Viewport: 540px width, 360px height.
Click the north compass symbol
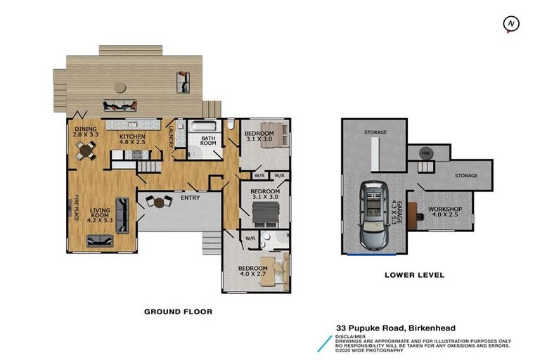pos(511,24)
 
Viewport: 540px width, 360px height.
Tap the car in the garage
pos(374,215)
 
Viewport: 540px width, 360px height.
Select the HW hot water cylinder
pos(426,153)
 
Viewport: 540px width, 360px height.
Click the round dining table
pos(86,150)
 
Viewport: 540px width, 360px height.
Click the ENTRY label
pos(191,198)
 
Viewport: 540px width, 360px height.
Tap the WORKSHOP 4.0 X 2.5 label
pos(445,212)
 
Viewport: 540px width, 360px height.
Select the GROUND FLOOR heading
pos(179,311)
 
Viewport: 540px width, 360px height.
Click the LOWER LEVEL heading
pos(414,275)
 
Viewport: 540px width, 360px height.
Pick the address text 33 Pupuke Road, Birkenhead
pos(396,328)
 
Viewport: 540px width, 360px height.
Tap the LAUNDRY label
pos(171,136)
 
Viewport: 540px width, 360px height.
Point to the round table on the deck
pos(120,87)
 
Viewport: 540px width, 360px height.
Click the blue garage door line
pos(371,255)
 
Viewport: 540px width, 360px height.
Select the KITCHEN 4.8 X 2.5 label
pos(132,139)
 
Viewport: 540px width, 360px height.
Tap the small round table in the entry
pos(159,202)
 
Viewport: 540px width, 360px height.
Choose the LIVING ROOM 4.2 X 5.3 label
pos(100,215)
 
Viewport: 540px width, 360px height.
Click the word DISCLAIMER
pos(351,337)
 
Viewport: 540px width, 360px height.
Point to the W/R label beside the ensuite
pos(250,238)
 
